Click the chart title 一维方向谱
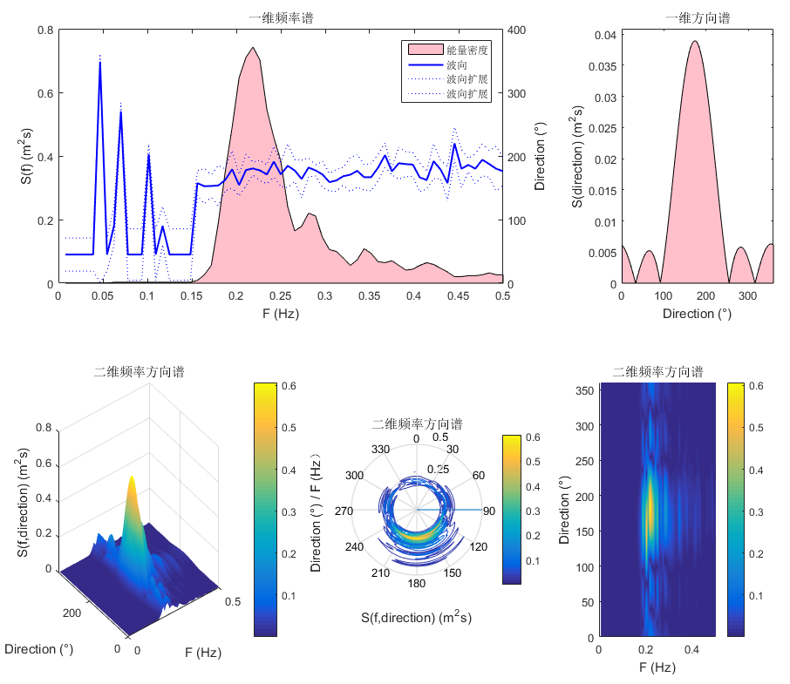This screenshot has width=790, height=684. pyautogui.click(x=697, y=17)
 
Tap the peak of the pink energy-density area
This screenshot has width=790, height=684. pyautogui.click(x=253, y=48)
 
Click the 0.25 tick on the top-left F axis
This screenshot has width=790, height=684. pyautogui.click(x=280, y=296)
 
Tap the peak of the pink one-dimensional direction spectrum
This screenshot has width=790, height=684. pyautogui.click(x=694, y=41)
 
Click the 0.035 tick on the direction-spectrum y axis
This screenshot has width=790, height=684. pyautogui.click(x=601, y=66)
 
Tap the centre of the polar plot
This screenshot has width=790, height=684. pyautogui.click(x=417, y=510)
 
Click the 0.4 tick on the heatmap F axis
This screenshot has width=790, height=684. pyautogui.click(x=692, y=650)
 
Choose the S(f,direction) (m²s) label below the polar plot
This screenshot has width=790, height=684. pyautogui.click(x=416, y=618)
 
